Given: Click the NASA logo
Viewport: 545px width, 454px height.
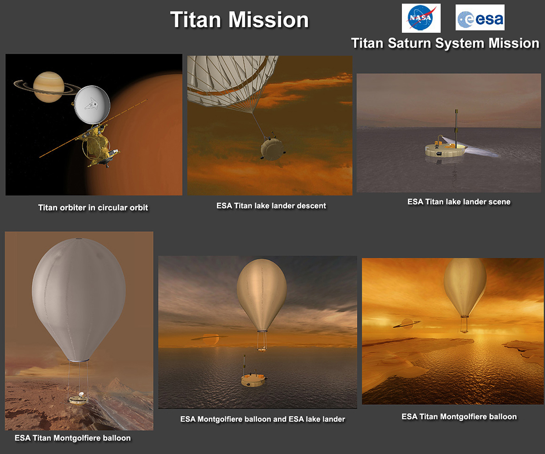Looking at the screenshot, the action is click(421, 18).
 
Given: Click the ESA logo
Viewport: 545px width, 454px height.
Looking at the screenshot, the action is click(480, 18).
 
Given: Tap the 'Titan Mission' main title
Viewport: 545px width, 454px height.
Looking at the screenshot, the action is click(239, 20).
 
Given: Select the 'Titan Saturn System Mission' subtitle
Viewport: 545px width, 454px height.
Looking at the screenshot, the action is click(445, 43).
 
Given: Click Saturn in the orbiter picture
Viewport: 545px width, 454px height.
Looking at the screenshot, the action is click(49, 87).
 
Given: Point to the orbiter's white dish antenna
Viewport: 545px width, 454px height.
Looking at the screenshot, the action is click(92, 105).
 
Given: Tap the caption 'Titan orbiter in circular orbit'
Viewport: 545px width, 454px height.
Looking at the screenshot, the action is click(93, 207).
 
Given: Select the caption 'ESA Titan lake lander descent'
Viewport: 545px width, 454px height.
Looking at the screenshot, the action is click(271, 206).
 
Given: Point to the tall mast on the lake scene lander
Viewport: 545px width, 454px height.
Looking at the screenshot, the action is click(456, 128).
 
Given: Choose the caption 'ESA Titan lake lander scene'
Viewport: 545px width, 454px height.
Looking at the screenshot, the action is click(459, 202).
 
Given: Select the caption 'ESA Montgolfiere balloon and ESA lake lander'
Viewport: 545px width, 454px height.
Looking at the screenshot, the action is click(263, 419).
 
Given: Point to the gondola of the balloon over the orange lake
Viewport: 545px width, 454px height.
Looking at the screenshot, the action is click(464, 324).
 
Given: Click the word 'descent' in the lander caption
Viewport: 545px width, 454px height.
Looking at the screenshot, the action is click(312, 206).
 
